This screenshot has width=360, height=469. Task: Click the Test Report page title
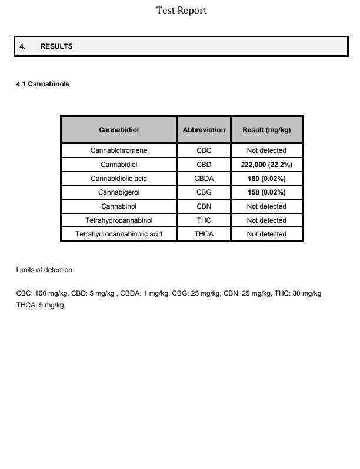[x=181, y=10]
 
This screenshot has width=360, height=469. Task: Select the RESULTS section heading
[x=56, y=46]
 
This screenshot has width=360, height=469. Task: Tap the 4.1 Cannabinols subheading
[x=42, y=84]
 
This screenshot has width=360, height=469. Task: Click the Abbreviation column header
[x=204, y=130]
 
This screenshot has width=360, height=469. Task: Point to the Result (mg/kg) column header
[x=266, y=130]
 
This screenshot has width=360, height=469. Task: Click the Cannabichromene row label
[x=119, y=150]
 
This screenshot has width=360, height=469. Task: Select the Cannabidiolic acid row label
[x=119, y=179]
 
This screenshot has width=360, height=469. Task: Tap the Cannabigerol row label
[x=119, y=192]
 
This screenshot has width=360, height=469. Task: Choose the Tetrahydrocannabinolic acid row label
[x=119, y=234]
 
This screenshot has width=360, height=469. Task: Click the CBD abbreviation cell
[x=204, y=165]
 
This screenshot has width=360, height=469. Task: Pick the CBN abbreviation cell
[x=204, y=206]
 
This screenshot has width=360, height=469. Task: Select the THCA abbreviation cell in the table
[x=204, y=234]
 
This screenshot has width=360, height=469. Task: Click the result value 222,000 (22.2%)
[x=266, y=165]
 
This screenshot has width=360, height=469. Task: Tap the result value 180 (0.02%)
[x=266, y=179]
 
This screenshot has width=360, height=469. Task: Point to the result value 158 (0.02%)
[x=266, y=192]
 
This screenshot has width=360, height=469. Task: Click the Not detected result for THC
[x=266, y=220]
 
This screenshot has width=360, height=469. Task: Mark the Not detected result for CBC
[x=266, y=150]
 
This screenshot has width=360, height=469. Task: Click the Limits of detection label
[x=45, y=270]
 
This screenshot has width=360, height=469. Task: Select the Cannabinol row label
[x=119, y=206]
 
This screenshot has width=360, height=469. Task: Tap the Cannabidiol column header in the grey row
[x=119, y=130]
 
